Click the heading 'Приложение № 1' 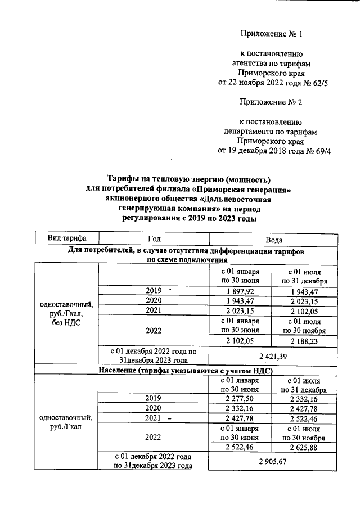(271, 34)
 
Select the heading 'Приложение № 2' (271, 102)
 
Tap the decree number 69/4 (321, 151)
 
